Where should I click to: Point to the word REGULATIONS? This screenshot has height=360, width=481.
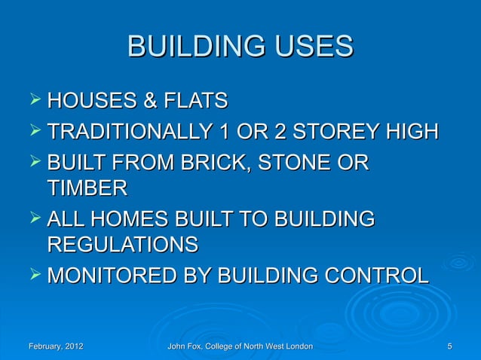[123, 245]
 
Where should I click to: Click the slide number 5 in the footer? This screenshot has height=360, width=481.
[449, 346]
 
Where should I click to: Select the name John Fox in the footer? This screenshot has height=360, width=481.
[188, 346]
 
